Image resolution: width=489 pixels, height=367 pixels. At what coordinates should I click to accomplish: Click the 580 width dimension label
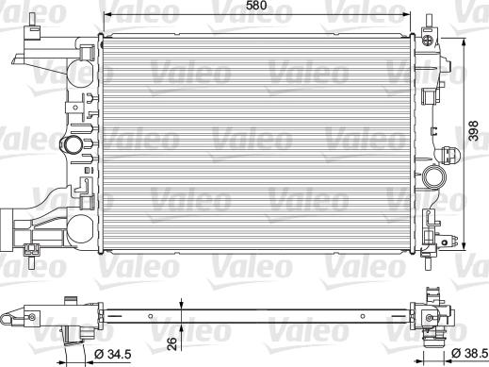(256, 6)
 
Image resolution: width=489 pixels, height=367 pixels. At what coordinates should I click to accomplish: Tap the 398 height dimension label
(473, 130)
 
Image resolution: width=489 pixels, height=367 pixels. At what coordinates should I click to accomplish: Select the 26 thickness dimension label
(172, 344)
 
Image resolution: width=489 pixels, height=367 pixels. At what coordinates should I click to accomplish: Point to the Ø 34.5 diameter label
(112, 355)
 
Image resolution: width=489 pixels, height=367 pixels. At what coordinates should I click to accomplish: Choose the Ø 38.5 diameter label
(470, 354)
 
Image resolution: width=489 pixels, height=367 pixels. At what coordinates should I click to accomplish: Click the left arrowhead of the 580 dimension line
(107, 14)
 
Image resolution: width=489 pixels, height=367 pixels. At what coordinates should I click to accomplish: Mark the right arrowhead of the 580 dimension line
(406, 14)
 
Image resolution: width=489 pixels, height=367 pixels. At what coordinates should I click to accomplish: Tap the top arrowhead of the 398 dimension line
(465, 42)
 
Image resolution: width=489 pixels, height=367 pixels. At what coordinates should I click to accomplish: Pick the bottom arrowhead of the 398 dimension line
(465, 245)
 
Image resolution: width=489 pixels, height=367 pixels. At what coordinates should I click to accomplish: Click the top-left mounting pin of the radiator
(32, 21)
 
